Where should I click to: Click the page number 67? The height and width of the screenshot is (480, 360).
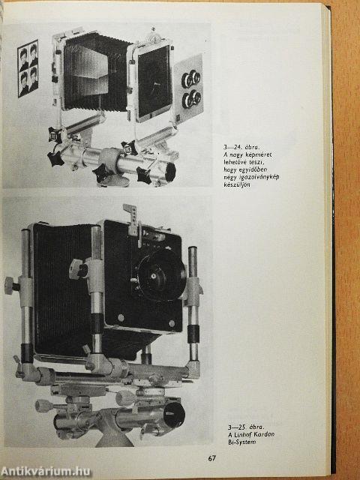212,458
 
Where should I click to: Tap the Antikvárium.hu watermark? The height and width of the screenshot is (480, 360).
46,471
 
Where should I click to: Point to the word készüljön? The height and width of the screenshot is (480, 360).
237,185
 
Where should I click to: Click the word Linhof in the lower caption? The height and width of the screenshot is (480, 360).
242,434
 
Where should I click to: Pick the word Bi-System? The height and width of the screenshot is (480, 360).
241,442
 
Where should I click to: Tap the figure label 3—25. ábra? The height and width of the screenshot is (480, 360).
246,427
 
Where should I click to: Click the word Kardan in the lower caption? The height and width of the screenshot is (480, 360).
263,434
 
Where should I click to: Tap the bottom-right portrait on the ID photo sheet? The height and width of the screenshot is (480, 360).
34,80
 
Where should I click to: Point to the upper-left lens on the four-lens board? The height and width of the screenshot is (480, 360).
187,81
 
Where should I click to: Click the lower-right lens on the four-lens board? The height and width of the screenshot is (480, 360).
196,97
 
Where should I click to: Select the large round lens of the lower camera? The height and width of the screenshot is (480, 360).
161,275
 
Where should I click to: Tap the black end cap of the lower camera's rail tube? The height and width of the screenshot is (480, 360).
174,415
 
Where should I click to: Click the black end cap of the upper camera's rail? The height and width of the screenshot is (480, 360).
170,172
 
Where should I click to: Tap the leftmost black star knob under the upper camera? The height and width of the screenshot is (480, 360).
55,159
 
